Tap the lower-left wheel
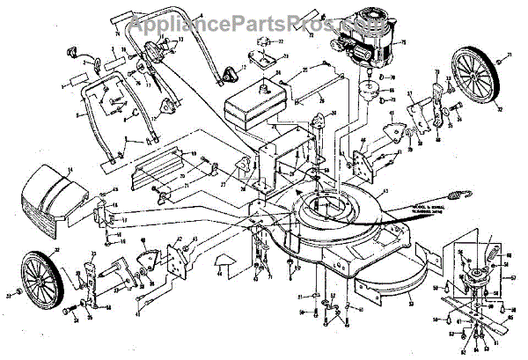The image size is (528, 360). [x=41, y=276]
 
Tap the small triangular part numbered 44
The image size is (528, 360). [x=220, y=261]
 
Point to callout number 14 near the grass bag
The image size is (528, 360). [x=70, y=169]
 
